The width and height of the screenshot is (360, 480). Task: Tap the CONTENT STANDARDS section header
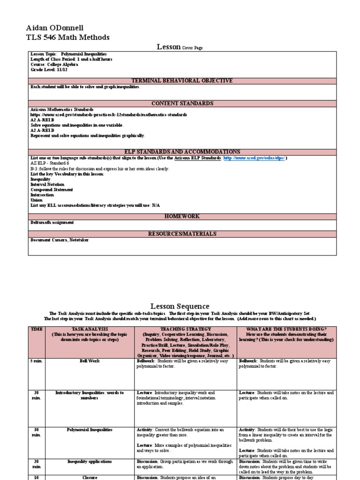[x=182, y=103]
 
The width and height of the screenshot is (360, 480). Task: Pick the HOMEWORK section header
[x=182, y=216]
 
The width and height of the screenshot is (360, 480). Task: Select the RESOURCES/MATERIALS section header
[x=182, y=233]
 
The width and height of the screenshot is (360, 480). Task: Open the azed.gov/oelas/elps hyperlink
[x=254, y=158]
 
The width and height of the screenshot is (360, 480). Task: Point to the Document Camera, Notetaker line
[x=60, y=240]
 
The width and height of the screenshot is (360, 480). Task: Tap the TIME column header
[x=37, y=330]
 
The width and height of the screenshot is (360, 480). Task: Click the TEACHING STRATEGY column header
[x=186, y=330]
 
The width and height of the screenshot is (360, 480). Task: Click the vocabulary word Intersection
[x=42, y=195]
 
